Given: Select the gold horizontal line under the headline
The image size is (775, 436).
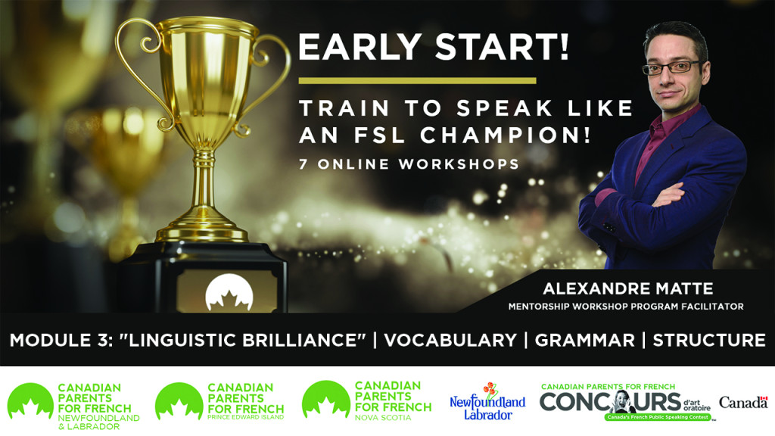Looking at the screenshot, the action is (418, 80).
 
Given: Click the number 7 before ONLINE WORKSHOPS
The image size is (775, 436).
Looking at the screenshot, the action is (303, 164).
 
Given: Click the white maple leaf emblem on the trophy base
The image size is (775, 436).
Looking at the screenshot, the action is (229, 293).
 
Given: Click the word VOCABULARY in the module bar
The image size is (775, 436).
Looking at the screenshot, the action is (450, 340).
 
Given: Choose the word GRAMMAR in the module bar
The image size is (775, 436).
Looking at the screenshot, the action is (585, 340).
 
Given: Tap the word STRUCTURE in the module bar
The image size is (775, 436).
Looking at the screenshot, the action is (709, 340).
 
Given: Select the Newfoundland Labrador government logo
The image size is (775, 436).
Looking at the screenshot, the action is (487, 401).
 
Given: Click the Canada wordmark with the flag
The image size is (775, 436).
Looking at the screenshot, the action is (743, 403).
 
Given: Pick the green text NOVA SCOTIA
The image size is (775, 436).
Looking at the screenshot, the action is (383, 418).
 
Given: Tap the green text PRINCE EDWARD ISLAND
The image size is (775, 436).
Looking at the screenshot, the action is (246, 417).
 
